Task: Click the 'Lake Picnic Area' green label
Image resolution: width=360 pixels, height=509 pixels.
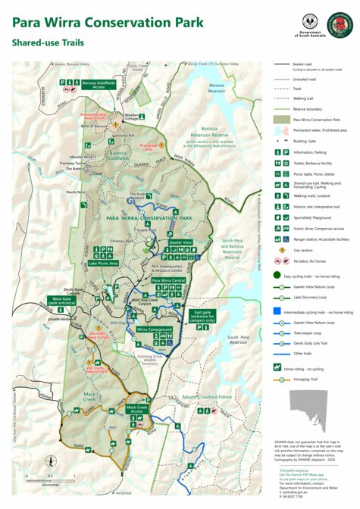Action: tap(105, 263)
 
